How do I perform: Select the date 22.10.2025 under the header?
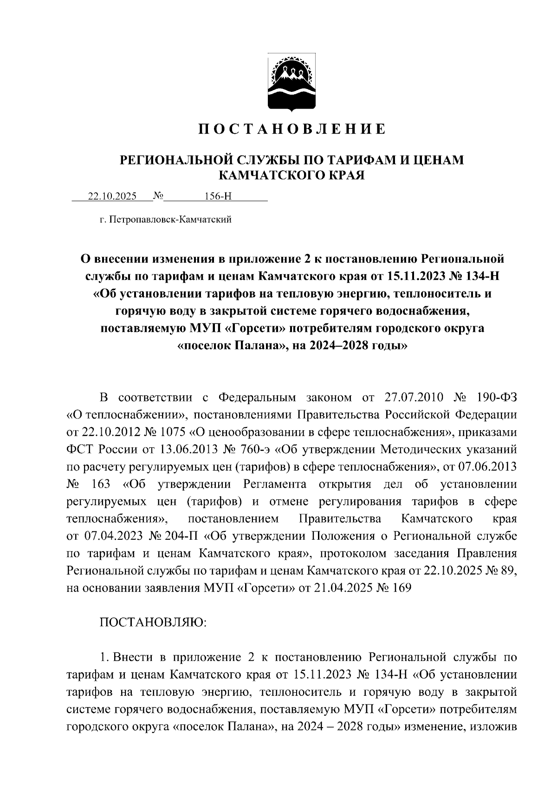[112, 196]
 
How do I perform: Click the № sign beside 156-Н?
[158, 196]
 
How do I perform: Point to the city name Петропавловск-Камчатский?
[171, 220]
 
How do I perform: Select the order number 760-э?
[257, 450]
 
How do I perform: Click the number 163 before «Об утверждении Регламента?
[101, 484]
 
